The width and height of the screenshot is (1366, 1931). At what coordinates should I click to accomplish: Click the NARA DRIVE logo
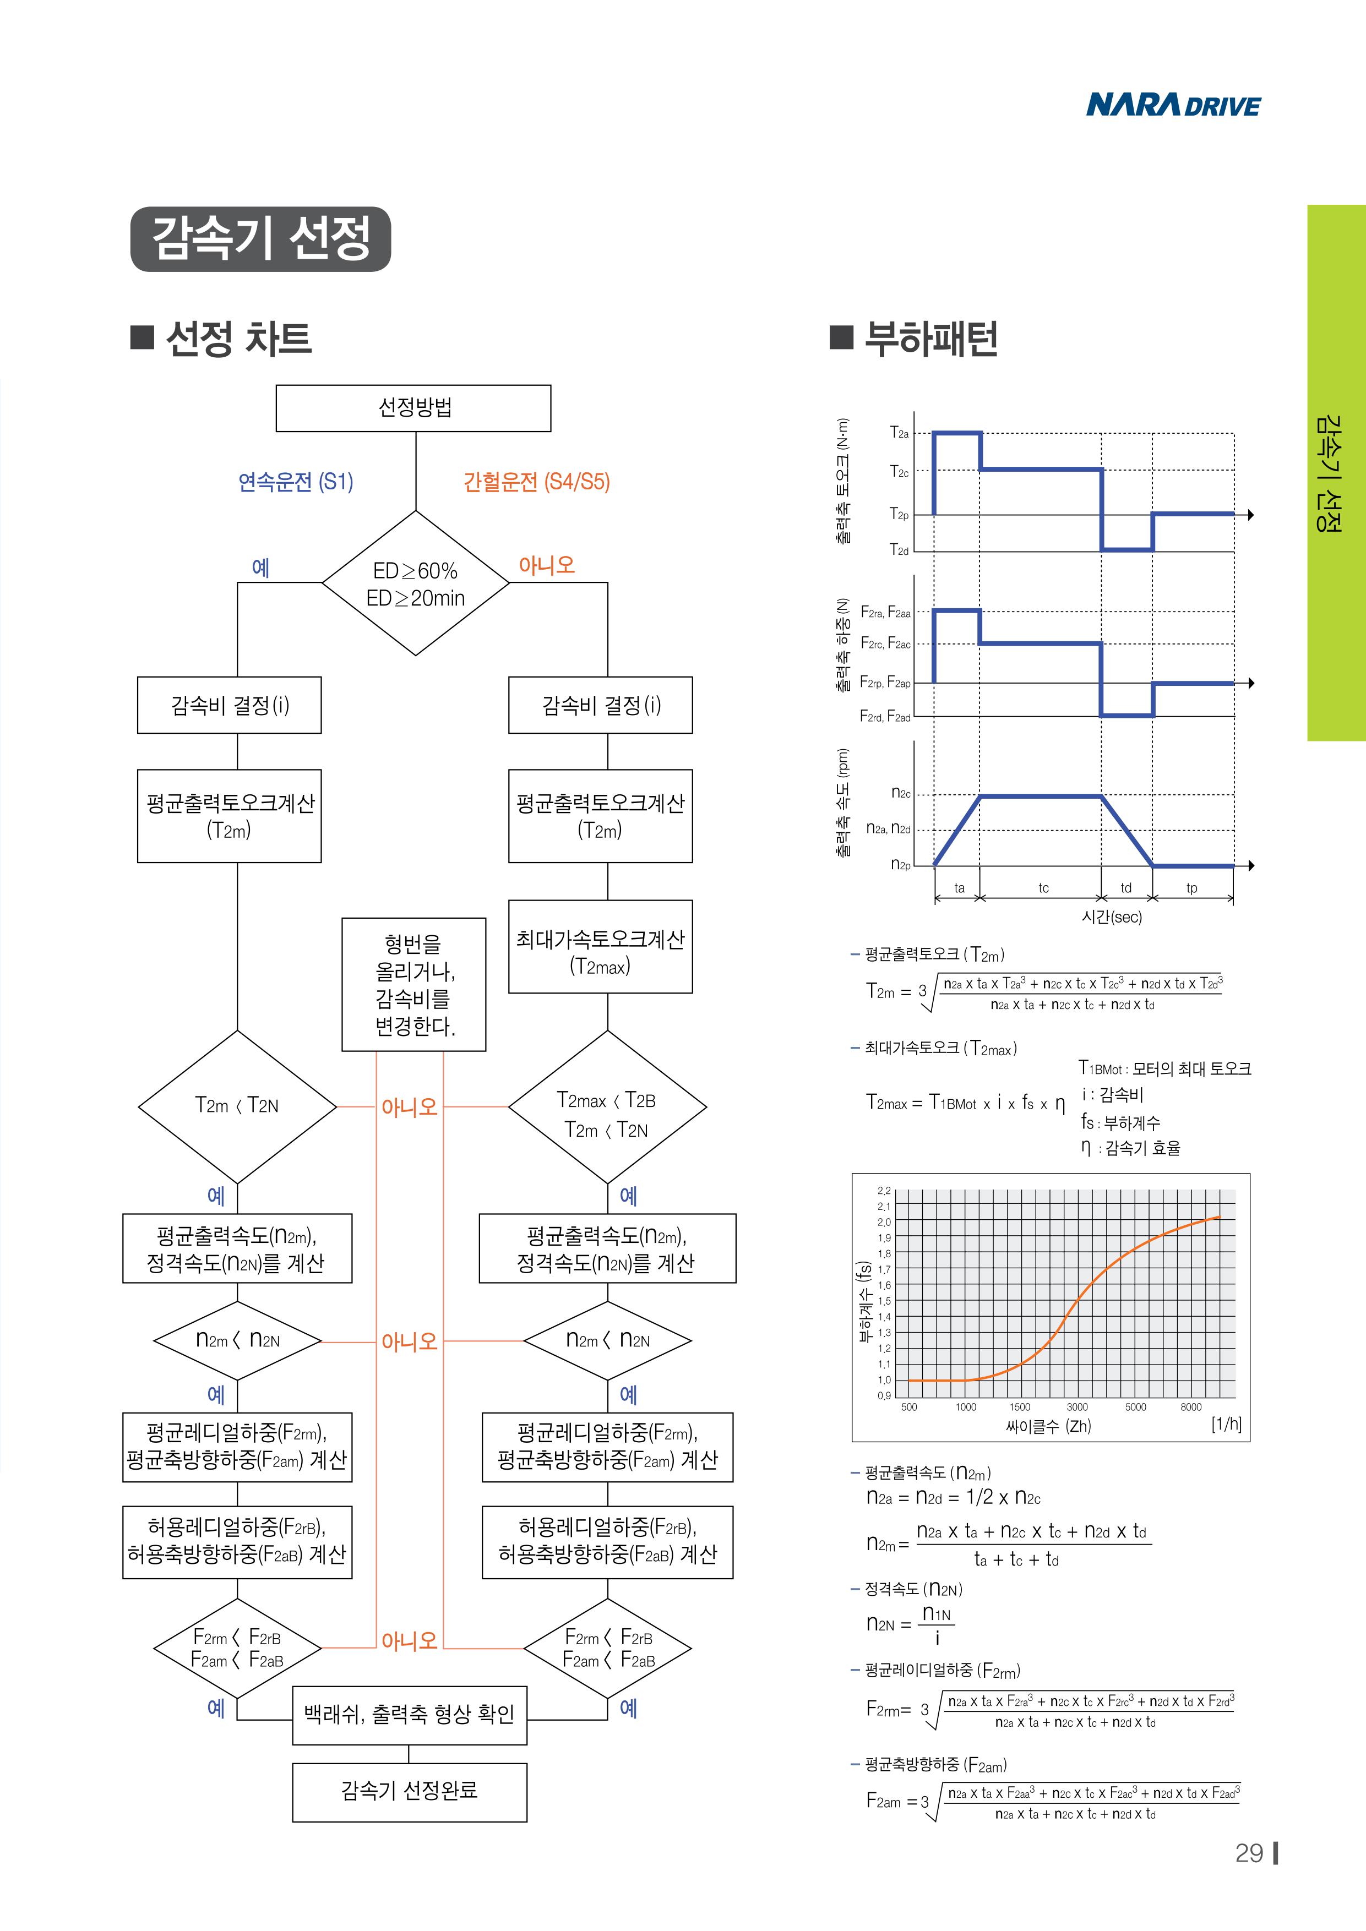(x=1173, y=105)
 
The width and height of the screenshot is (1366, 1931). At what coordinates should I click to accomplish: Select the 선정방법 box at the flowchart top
(x=413, y=408)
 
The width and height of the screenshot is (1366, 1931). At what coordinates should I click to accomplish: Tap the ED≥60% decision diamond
(x=416, y=583)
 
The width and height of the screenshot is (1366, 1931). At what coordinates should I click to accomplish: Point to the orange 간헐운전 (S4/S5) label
(x=537, y=482)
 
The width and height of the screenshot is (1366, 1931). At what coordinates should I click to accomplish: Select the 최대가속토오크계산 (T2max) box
(x=600, y=947)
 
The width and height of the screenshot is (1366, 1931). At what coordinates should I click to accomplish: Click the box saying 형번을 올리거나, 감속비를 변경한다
(x=413, y=985)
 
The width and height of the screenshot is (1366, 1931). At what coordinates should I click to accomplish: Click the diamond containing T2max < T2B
(x=606, y=1107)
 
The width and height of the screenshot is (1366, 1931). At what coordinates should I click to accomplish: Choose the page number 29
(x=1249, y=1853)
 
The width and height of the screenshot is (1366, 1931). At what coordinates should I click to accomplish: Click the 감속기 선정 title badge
(x=261, y=239)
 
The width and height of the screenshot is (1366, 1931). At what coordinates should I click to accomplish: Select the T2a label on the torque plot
(x=899, y=433)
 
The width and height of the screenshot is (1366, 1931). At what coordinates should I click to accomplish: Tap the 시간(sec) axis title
(x=1111, y=917)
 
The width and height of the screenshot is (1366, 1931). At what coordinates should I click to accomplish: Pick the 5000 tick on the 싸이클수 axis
(x=1135, y=1407)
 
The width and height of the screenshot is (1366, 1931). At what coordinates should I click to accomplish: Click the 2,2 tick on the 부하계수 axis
(x=884, y=1191)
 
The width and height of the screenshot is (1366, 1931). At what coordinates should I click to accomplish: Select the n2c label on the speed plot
(x=900, y=793)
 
